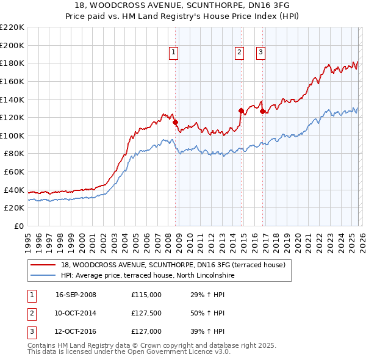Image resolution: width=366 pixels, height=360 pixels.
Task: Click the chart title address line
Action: click(x=182, y=5)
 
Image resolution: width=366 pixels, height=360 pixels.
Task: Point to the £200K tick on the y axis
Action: click(x=13, y=45)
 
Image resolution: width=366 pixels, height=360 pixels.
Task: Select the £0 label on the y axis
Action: click(x=19, y=226)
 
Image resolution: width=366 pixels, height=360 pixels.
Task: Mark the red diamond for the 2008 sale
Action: click(x=176, y=122)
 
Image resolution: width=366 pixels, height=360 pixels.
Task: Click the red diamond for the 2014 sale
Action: click(x=241, y=111)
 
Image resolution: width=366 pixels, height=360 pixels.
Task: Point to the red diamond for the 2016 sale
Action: click(x=262, y=111)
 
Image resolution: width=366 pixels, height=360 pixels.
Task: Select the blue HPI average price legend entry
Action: click(x=147, y=276)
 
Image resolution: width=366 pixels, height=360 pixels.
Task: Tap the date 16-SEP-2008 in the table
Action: click(x=76, y=295)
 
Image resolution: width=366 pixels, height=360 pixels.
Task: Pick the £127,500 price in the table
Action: click(x=146, y=313)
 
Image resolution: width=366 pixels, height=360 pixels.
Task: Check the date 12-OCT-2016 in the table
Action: click(x=76, y=331)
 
